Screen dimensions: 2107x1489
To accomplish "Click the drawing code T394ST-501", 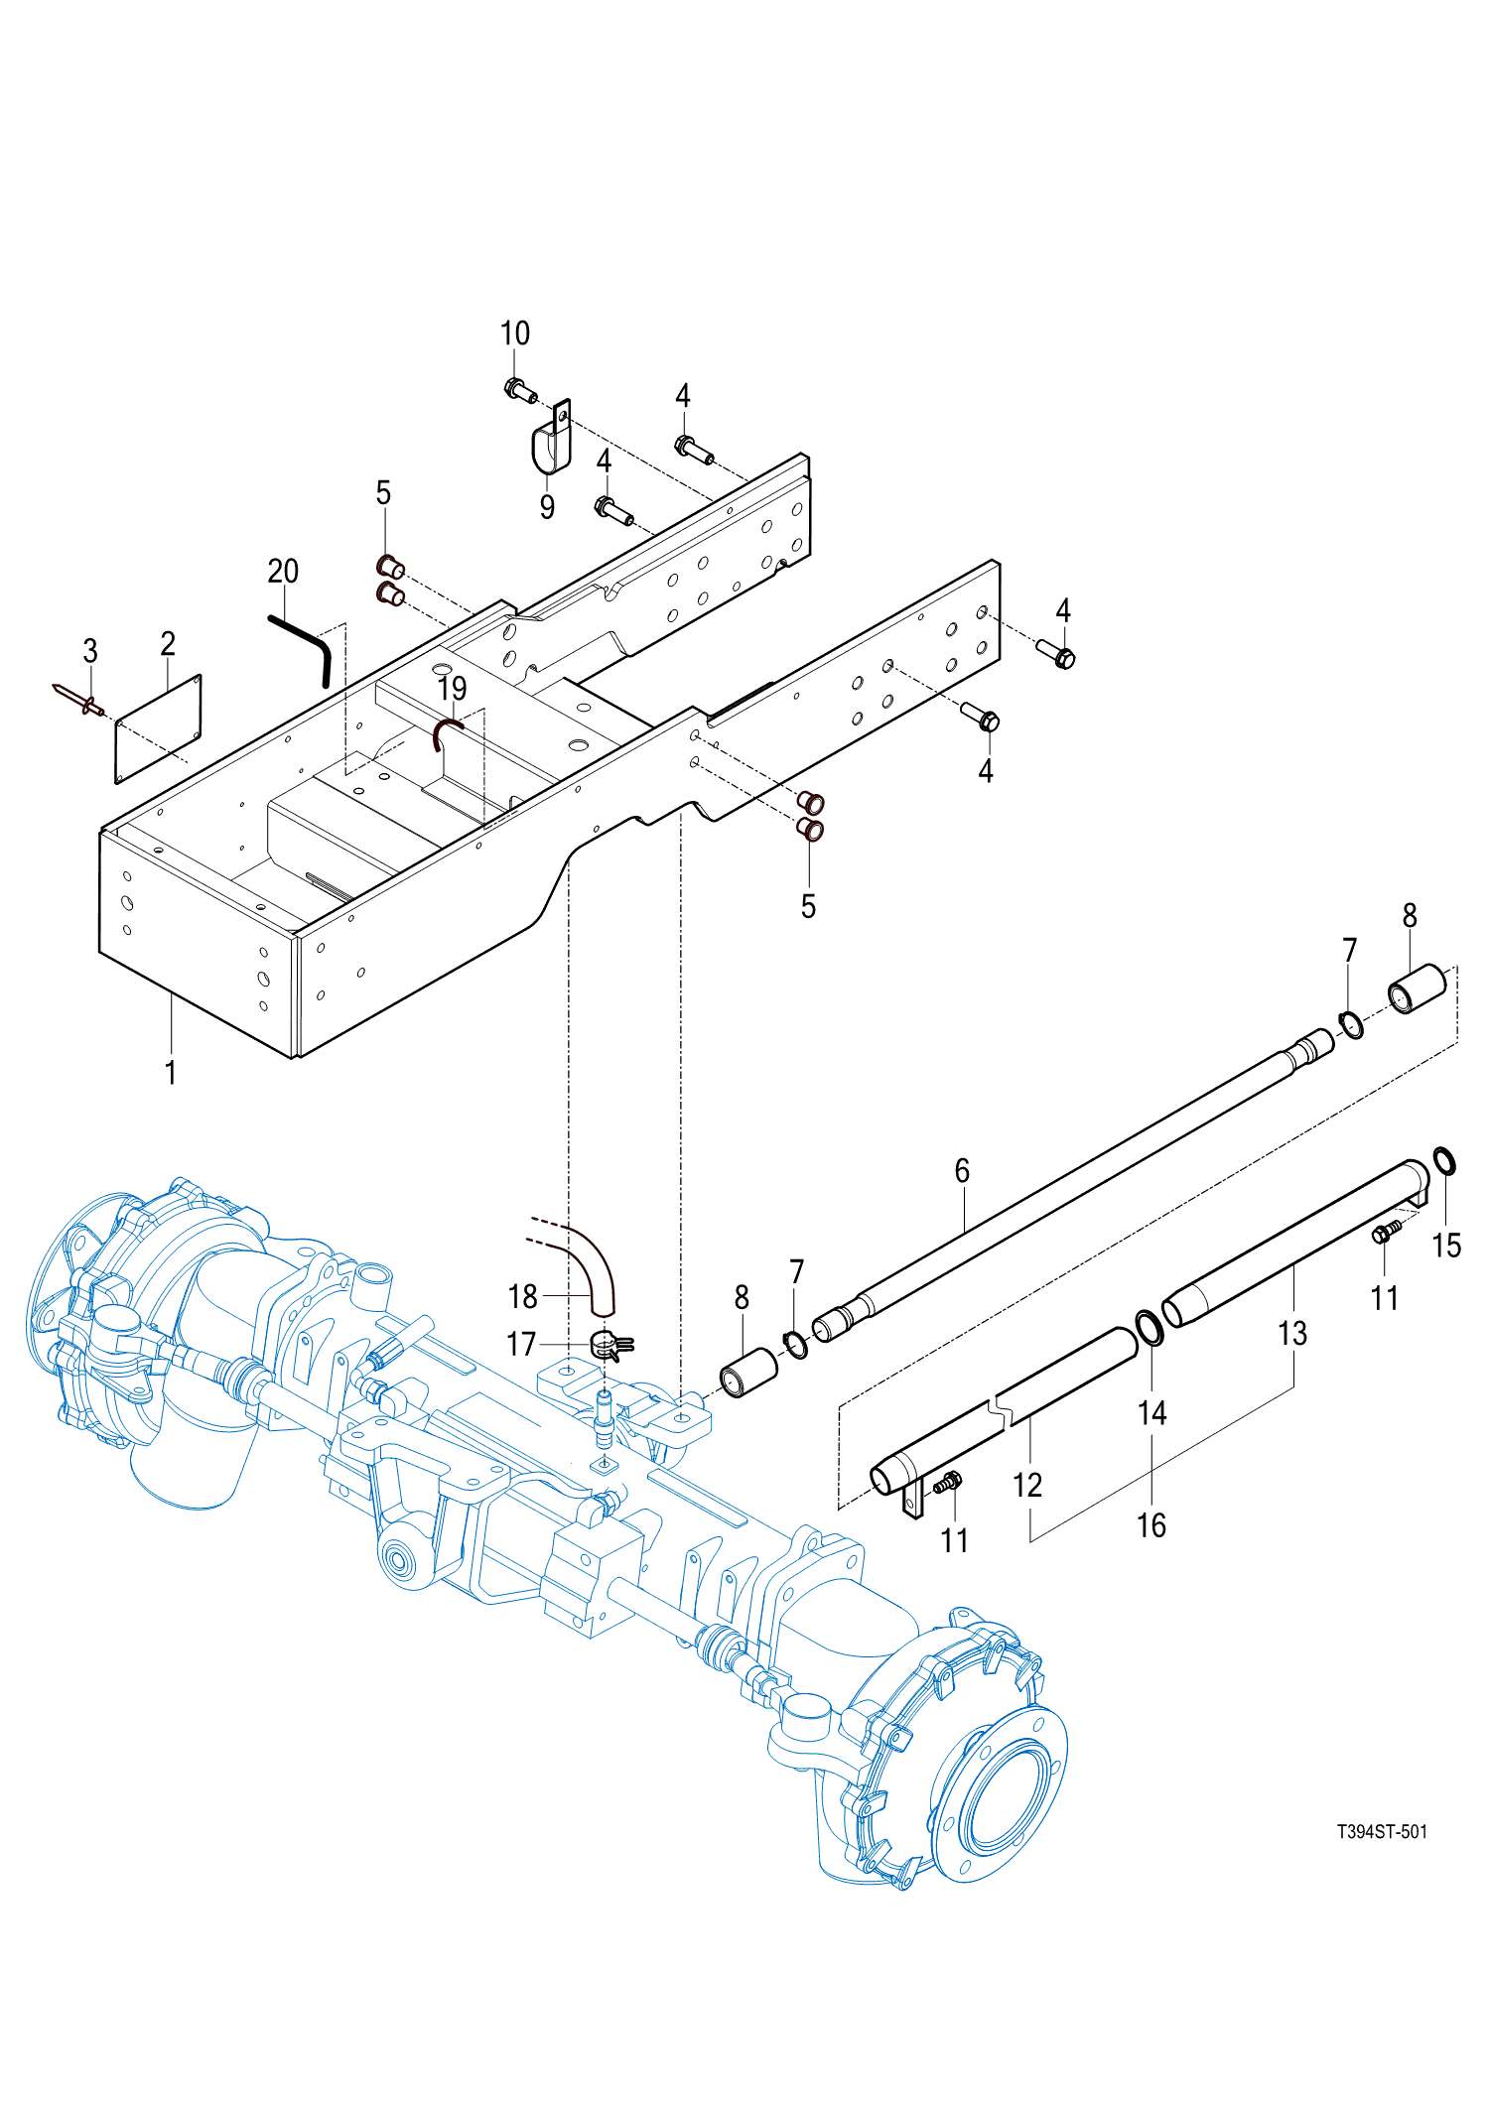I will click(x=1381, y=1831).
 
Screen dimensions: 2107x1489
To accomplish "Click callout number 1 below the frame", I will click(x=171, y=1073).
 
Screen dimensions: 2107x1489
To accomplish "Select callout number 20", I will click(x=283, y=572).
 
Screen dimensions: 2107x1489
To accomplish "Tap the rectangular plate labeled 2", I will click(x=159, y=729).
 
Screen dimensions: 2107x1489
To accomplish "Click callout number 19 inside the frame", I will click(x=452, y=688).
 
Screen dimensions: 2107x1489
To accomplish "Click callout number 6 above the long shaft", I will click(x=962, y=1171).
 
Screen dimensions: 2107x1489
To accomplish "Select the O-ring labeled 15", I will click(x=1444, y=1160).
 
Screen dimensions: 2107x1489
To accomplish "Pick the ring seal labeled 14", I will click(x=1150, y=1328).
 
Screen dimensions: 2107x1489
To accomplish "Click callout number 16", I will click(x=1151, y=1525).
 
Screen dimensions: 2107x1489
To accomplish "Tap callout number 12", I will click(x=1027, y=1486).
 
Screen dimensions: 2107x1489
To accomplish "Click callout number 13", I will click(x=1292, y=1334).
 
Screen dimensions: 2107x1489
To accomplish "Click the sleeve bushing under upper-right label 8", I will click(x=1417, y=988).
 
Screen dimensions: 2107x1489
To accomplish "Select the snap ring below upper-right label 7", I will click(x=1350, y=1024).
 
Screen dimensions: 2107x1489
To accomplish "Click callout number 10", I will click(x=514, y=333).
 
